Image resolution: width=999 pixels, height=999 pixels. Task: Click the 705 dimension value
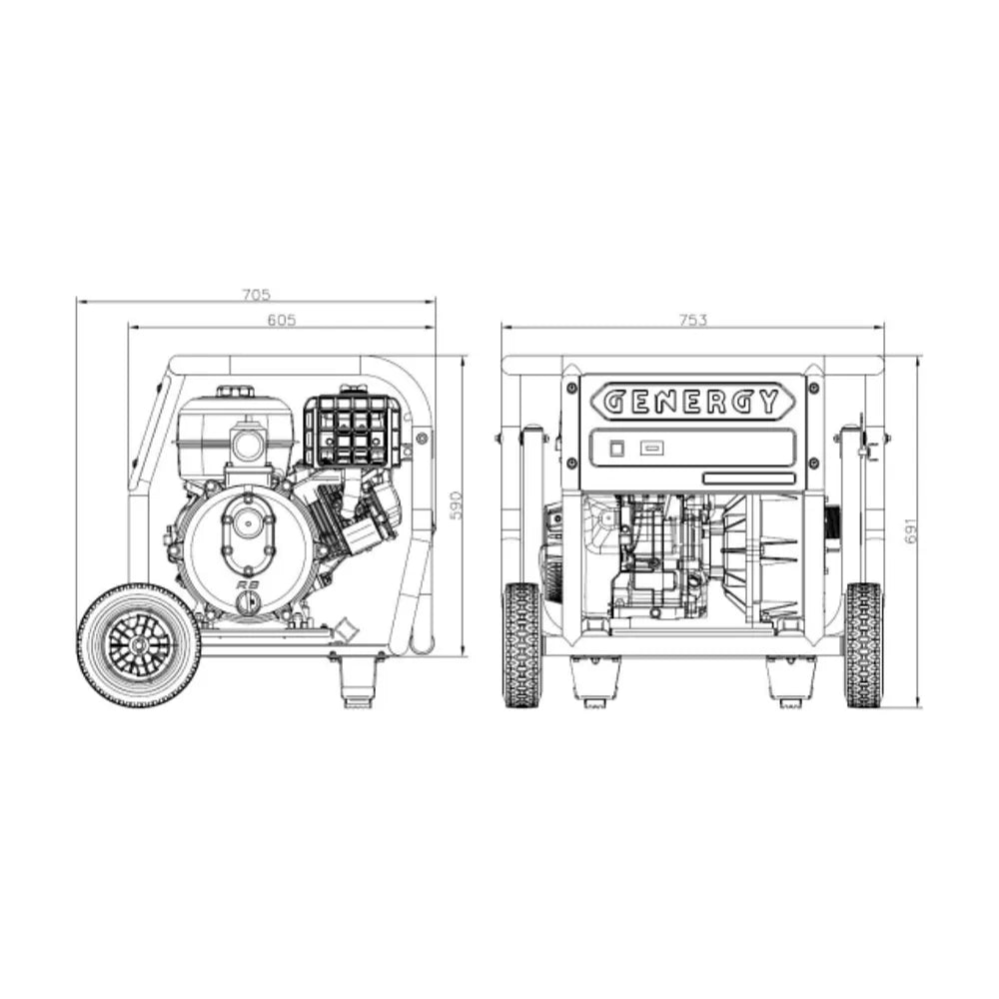(x=256, y=295)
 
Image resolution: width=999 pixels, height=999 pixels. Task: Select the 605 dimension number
(x=282, y=320)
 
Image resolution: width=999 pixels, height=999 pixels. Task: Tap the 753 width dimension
(x=692, y=320)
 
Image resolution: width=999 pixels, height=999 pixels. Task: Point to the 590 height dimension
(x=457, y=505)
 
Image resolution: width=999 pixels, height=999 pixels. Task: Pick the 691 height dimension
(x=912, y=530)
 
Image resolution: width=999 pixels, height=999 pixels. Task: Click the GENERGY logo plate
(x=692, y=402)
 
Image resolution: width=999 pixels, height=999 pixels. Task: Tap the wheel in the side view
(x=138, y=645)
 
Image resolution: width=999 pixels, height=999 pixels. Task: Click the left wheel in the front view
(x=521, y=644)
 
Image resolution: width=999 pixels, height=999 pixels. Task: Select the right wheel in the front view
(x=863, y=644)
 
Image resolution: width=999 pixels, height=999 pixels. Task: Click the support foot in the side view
(x=358, y=679)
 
